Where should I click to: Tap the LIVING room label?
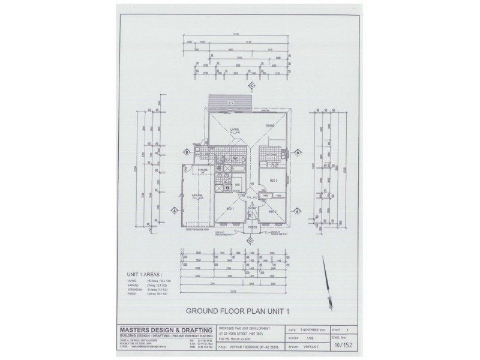(235, 128)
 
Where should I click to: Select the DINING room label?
(270, 125)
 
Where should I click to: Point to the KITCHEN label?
(272, 155)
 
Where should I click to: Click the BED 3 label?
(273, 180)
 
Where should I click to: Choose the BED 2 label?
(271, 212)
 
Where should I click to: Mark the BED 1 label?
(230, 208)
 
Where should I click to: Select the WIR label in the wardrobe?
(238, 185)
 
